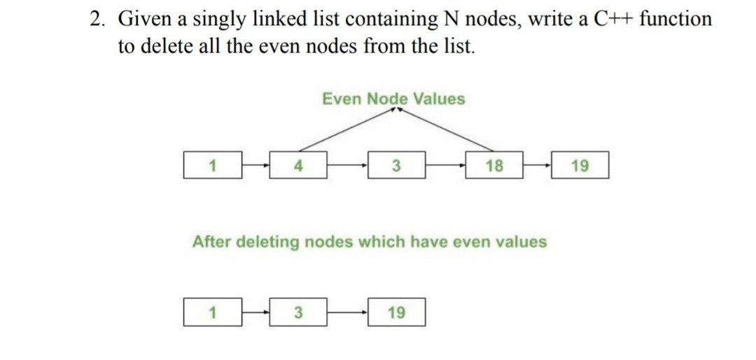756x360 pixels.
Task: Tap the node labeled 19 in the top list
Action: [x=580, y=166]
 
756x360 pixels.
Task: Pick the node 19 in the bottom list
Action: [x=395, y=312]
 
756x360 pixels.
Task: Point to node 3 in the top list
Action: [x=395, y=166]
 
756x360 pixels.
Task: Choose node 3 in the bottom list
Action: [x=297, y=312]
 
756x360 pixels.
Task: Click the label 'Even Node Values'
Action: [x=393, y=99]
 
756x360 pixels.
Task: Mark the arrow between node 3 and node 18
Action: [x=445, y=166]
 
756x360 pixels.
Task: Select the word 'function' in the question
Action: [x=675, y=19]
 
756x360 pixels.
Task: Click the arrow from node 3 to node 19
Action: [x=346, y=312]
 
